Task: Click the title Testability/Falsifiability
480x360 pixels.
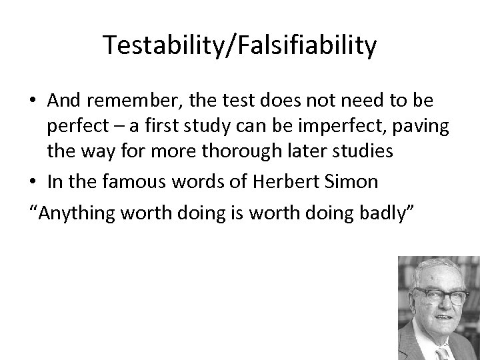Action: pos(240,46)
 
